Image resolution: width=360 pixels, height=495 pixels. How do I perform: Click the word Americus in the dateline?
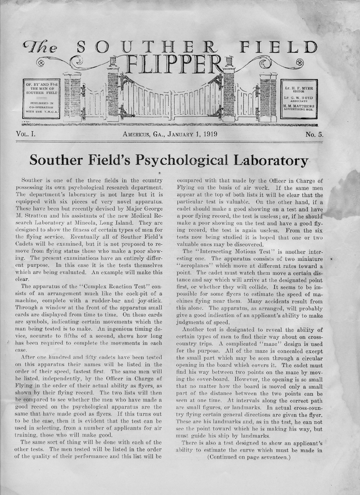(x=140, y=134)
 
